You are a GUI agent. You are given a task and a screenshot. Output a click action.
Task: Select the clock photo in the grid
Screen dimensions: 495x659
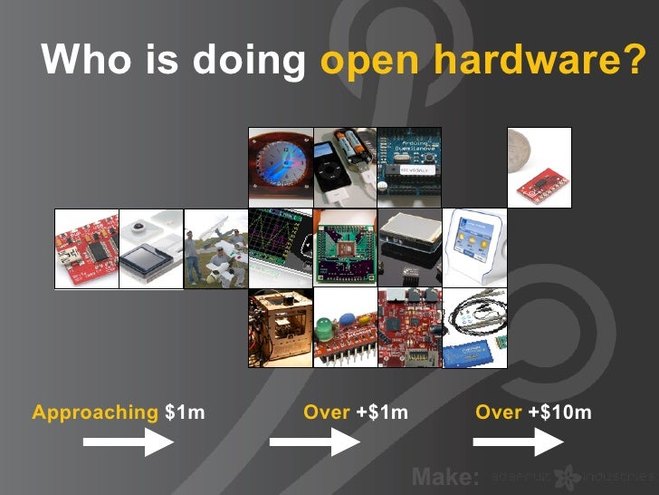[x=281, y=167]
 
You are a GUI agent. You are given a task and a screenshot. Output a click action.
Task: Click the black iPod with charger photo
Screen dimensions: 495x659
[x=345, y=167]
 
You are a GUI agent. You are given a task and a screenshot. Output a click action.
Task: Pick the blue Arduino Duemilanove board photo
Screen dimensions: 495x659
[x=409, y=167]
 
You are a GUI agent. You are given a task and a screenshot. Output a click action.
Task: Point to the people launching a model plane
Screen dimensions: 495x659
[x=215, y=248]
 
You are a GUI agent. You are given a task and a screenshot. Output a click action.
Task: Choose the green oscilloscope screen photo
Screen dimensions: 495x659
[x=281, y=248]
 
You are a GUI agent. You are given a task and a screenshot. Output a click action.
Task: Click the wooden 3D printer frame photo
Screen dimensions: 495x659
[x=281, y=328]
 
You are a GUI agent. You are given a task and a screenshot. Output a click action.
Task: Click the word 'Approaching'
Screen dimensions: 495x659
[x=95, y=413]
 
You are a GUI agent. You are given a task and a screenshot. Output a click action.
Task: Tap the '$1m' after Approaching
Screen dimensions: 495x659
[x=185, y=413]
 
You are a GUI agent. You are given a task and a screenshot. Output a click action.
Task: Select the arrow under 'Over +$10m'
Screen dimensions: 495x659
[x=518, y=442]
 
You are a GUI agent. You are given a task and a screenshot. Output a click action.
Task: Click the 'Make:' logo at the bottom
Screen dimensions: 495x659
[x=444, y=477]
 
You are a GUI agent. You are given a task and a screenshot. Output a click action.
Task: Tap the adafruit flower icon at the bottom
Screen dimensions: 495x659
[x=568, y=477]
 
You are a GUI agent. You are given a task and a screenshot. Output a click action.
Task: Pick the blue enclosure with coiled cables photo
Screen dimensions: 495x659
[x=473, y=328]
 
